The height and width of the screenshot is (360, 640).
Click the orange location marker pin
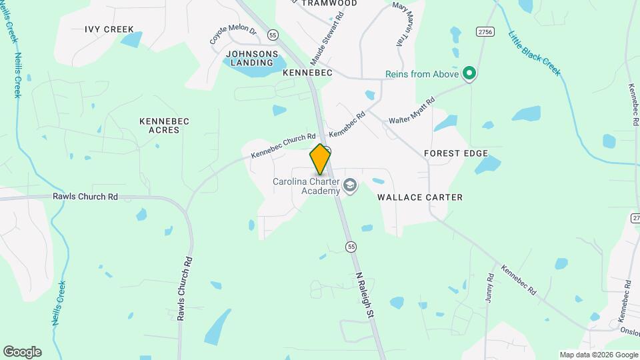[320, 159]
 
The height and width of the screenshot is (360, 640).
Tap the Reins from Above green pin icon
[469, 73]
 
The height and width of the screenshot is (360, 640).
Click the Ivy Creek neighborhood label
[109, 29]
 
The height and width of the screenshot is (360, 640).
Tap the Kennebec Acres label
[164, 125]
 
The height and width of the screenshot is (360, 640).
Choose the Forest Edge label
[452, 153]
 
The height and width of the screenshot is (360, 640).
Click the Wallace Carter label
[420, 197]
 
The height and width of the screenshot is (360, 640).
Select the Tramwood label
[329, 3]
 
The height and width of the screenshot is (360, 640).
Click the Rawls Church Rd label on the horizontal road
[85, 197]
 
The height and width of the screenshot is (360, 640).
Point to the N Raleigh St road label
[367, 297]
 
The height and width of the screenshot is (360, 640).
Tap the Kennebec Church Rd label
[283, 146]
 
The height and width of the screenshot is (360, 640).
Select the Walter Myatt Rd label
[412, 111]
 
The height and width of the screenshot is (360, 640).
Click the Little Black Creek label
[533, 53]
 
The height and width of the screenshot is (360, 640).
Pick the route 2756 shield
[485, 31]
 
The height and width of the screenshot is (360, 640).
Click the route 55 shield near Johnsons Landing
[273, 34]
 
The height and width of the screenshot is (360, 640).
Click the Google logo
[22, 352]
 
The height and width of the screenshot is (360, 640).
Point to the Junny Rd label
[490, 288]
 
